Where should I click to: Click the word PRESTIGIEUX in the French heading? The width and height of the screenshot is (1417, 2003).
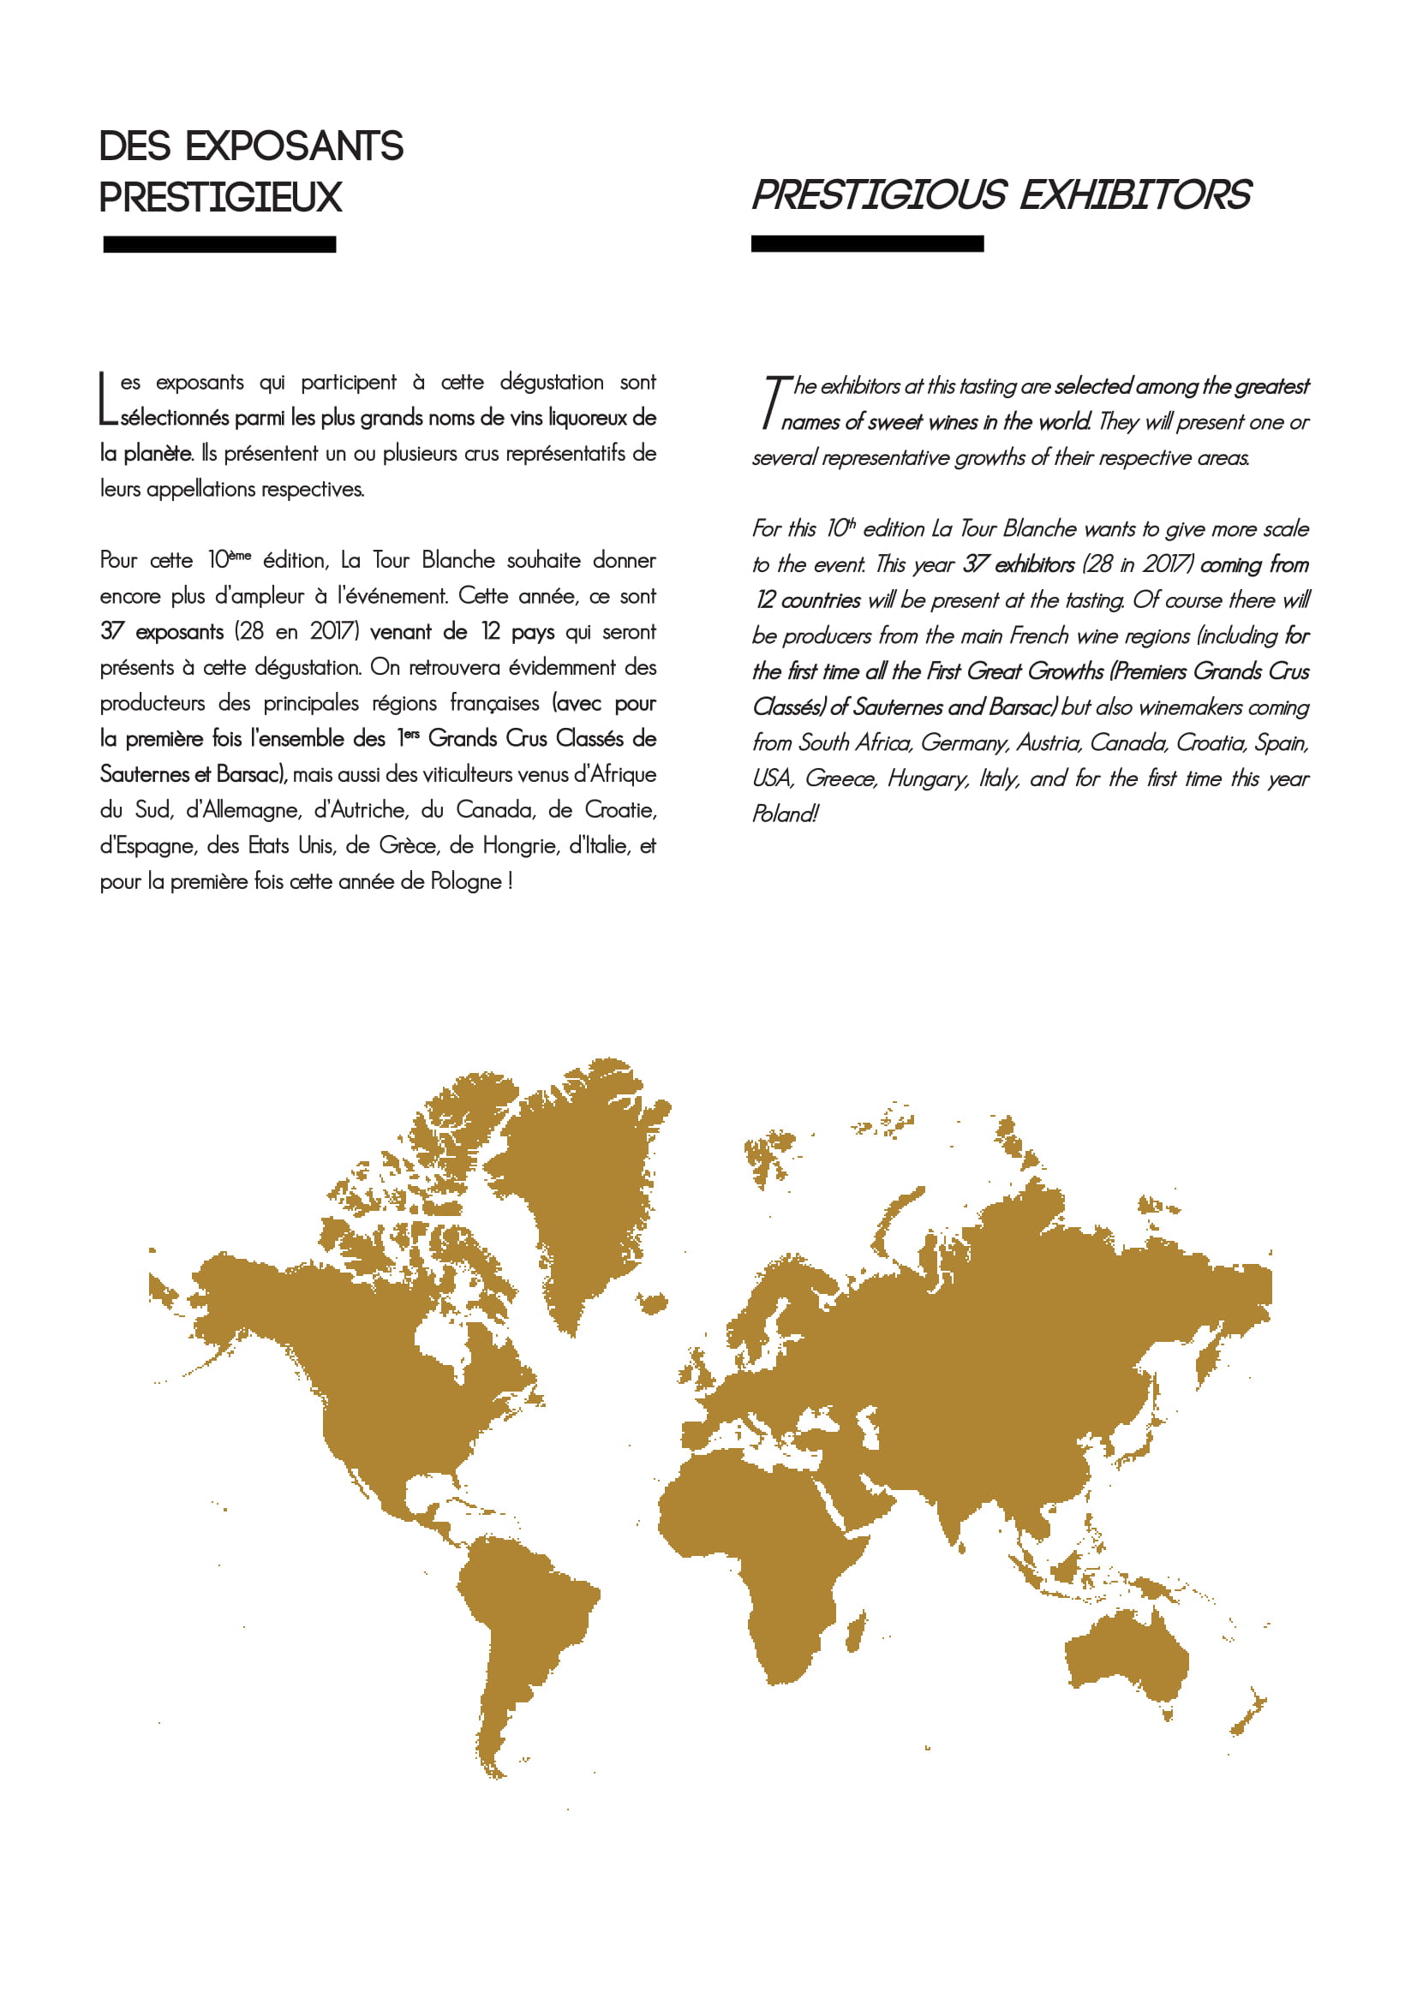click(x=220, y=197)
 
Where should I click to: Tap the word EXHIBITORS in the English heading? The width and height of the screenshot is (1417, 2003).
click(x=1135, y=194)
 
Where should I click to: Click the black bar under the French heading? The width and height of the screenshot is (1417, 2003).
click(x=219, y=244)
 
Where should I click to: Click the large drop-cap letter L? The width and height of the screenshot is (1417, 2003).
click(x=107, y=400)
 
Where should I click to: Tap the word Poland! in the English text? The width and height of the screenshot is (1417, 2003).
click(x=785, y=814)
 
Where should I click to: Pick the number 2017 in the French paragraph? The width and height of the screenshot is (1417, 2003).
click(x=333, y=632)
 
